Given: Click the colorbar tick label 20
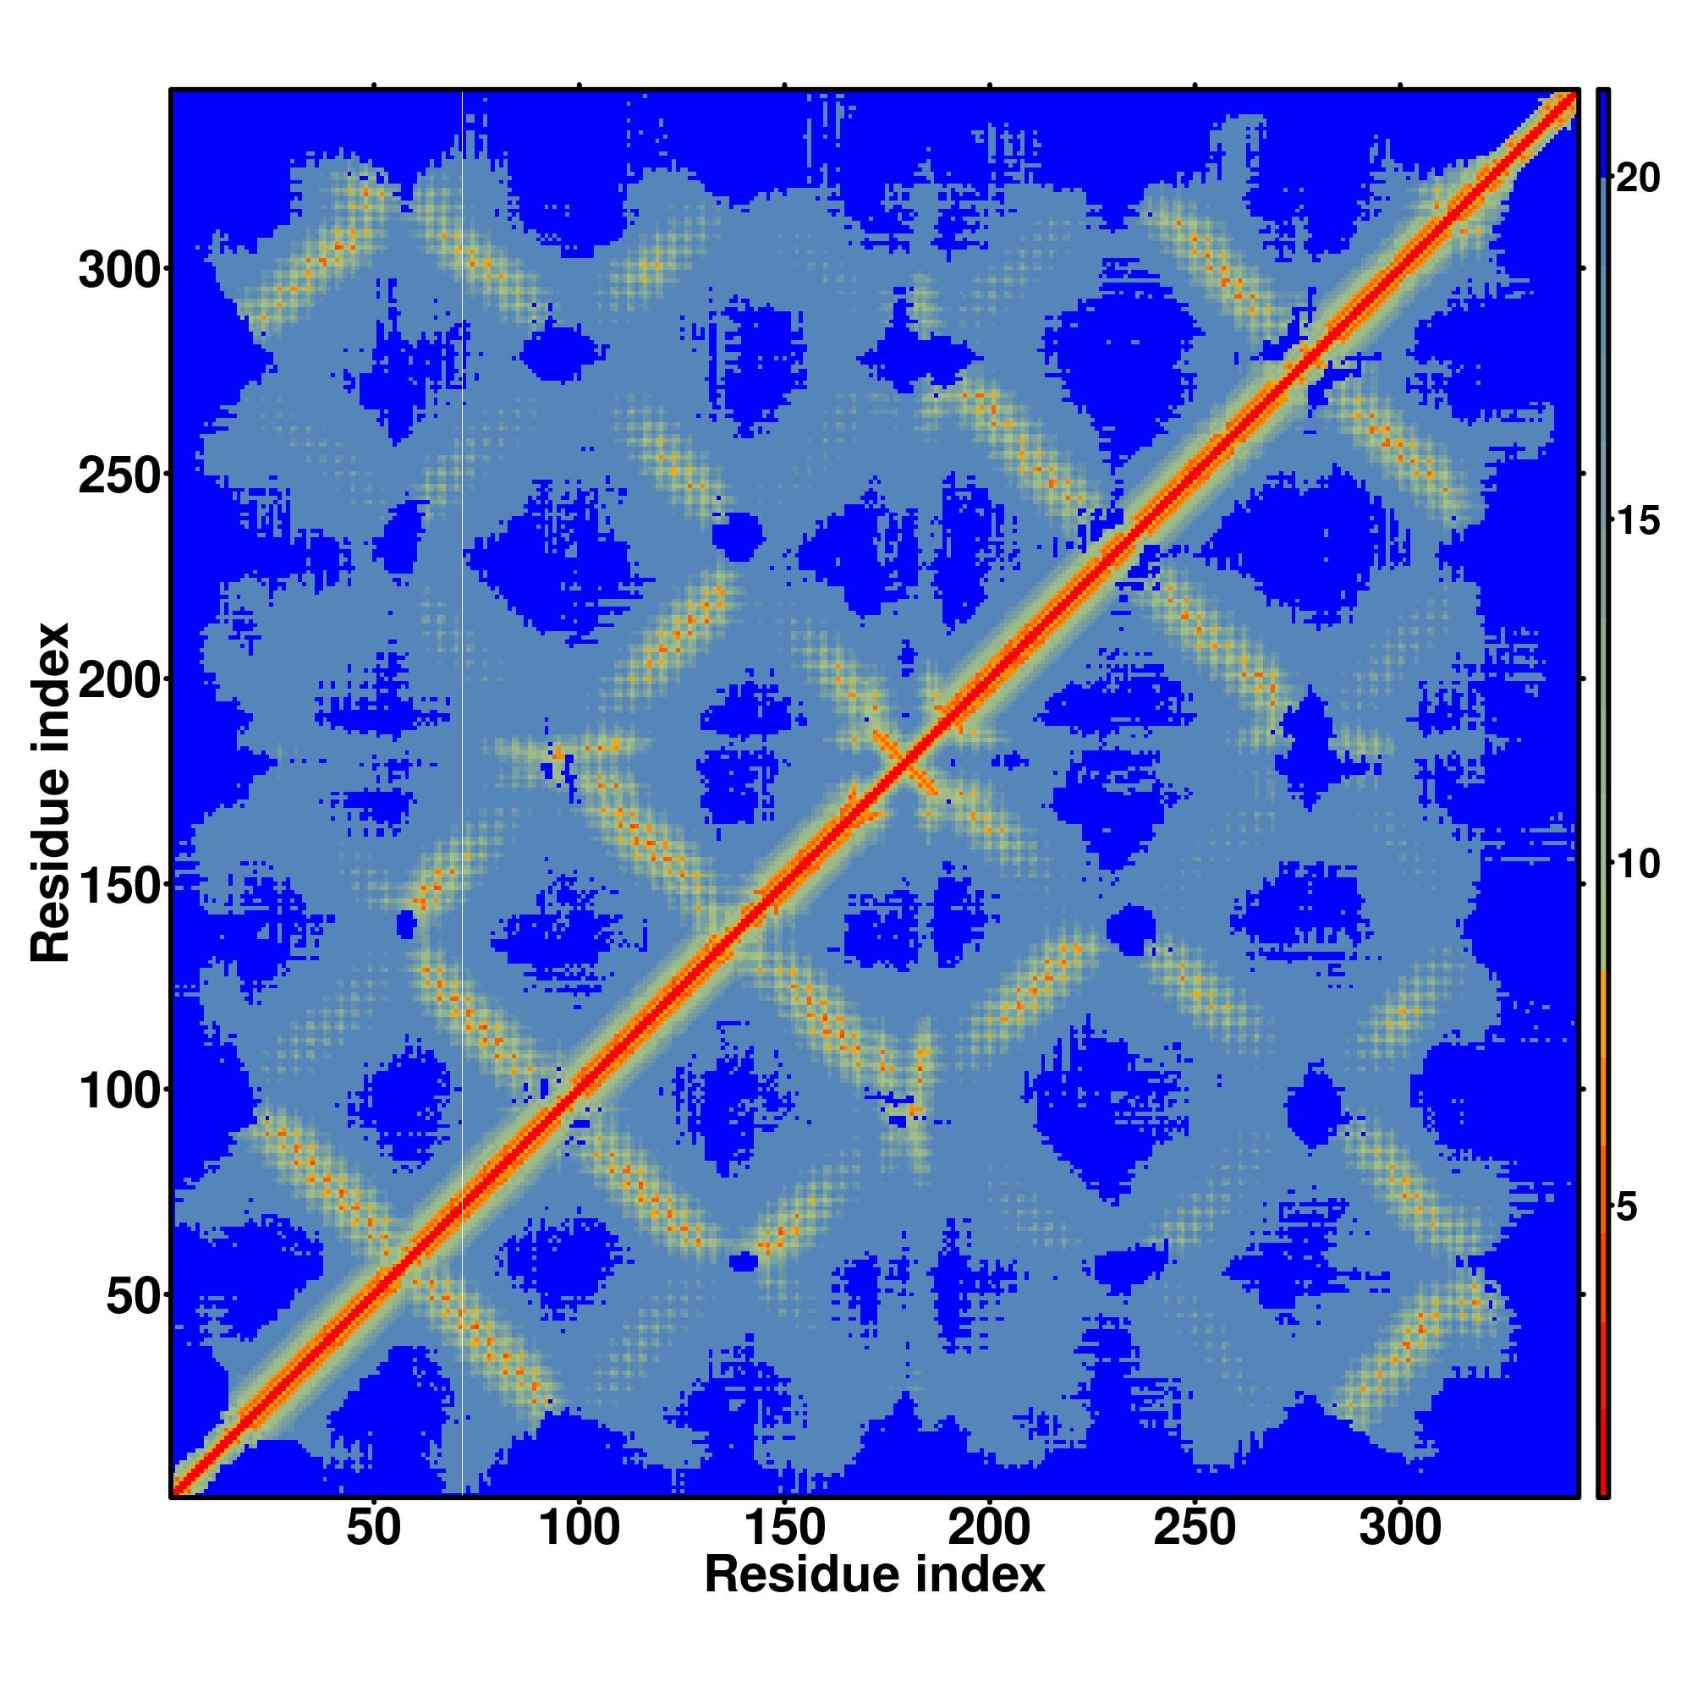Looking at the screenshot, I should (1638, 179).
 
